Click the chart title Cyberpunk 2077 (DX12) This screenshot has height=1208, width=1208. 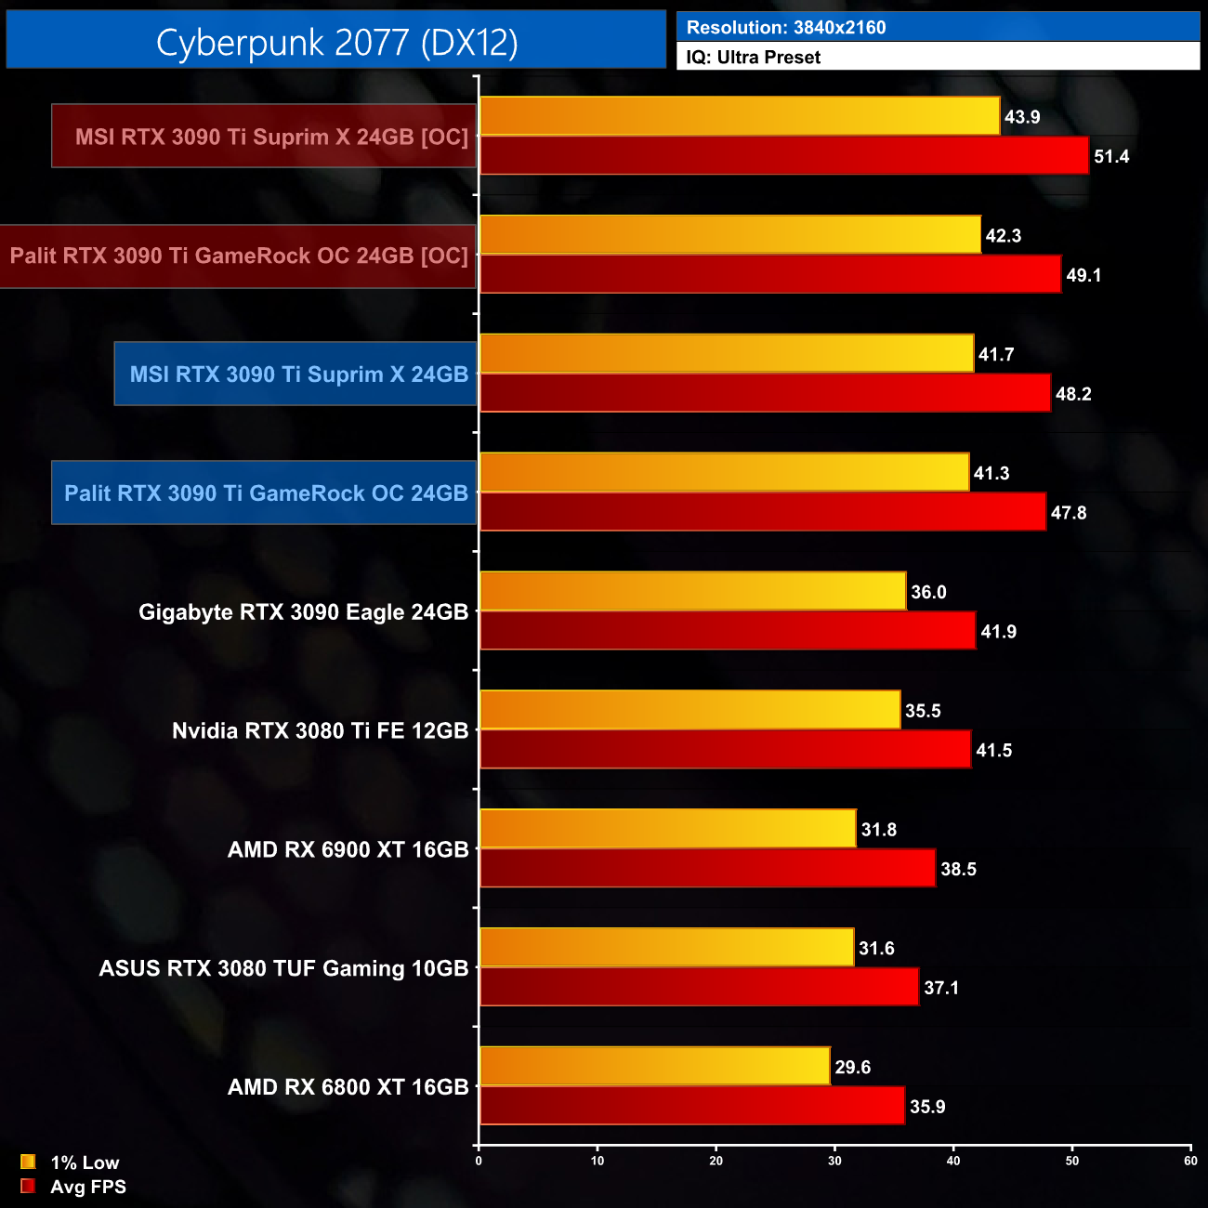tap(336, 42)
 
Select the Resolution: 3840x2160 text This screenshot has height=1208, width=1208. tap(785, 28)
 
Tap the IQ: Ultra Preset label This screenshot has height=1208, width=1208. tap(753, 58)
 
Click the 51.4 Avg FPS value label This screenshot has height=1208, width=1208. tap(1111, 156)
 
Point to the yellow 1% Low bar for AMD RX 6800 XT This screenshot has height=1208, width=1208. tap(654, 1066)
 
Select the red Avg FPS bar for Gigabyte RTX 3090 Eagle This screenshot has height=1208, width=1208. tap(728, 631)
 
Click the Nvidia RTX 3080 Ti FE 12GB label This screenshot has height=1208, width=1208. tap(320, 731)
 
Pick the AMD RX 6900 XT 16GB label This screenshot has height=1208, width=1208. tap(348, 849)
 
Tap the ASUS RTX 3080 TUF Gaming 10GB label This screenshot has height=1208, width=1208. tap(283, 968)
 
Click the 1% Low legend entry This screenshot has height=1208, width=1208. tap(85, 1162)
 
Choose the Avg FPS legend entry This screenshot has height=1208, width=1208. tap(87, 1187)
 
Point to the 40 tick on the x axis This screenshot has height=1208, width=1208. tap(953, 1161)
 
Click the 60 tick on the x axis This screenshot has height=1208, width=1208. tap(1190, 1161)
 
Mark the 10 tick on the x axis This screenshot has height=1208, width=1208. tap(597, 1161)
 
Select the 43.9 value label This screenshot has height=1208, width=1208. tap(1022, 117)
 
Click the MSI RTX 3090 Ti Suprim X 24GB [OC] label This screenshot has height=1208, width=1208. tap(271, 137)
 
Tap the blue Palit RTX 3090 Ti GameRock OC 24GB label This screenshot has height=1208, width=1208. tap(266, 493)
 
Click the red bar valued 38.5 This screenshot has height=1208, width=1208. tap(707, 868)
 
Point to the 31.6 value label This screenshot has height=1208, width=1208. tap(876, 949)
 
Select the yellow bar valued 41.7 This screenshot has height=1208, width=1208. tap(727, 353)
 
